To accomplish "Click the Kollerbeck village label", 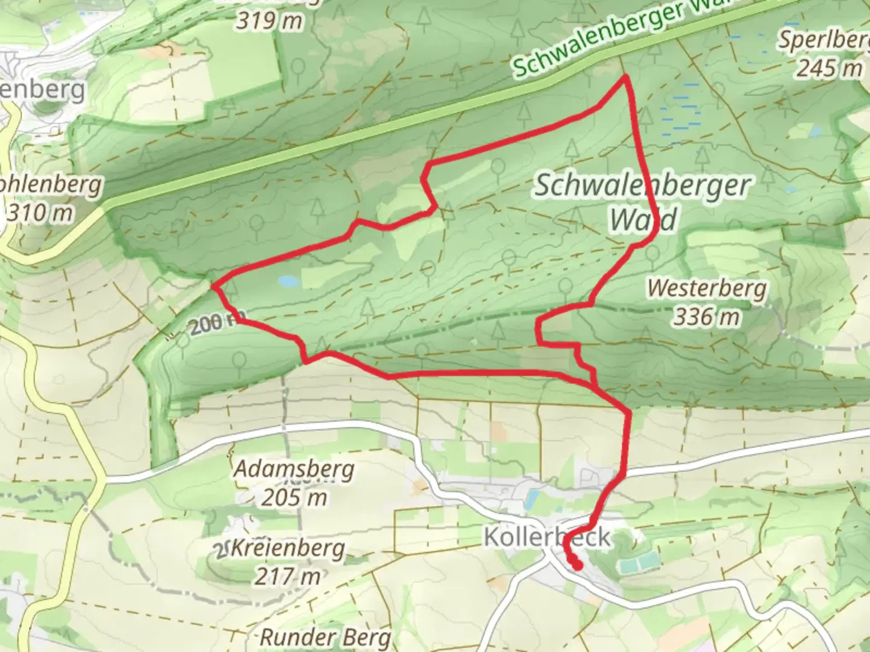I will point(547,536).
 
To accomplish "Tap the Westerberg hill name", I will point(706,288).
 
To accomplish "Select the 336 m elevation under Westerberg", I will point(706,316).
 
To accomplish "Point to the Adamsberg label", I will point(294,468).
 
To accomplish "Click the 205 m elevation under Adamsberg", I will point(294,497).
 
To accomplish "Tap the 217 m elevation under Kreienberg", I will point(287,577).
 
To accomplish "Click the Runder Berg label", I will point(326,637).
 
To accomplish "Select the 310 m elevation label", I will point(40,212).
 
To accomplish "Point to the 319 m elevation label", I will point(269,21).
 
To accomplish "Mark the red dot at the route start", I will point(577,565).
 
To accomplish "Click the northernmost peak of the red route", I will point(626,77).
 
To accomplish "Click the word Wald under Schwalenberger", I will point(642,219).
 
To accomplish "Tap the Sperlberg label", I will point(823,40).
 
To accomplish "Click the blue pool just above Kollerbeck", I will point(532,498).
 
